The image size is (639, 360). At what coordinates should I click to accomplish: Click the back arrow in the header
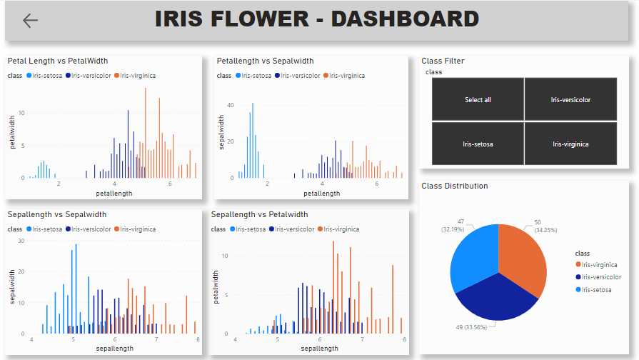pyautogui.click(x=30, y=21)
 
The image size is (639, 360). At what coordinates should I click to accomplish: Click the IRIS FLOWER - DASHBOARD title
pyautogui.click(x=316, y=19)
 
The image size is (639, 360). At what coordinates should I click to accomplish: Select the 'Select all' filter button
pyautogui.click(x=478, y=100)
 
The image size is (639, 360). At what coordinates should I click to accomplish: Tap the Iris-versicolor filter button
pyautogui.click(x=570, y=100)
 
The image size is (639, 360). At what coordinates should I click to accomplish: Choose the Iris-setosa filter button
pyautogui.click(x=478, y=144)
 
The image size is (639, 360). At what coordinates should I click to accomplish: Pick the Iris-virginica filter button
pyautogui.click(x=570, y=144)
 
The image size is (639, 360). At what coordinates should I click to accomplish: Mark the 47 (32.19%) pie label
pyautogui.click(x=453, y=225)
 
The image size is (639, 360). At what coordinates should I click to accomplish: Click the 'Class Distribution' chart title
pyautogui.click(x=455, y=186)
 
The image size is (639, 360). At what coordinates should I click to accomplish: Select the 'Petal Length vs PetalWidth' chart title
pyautogui.click(x=58, y=61)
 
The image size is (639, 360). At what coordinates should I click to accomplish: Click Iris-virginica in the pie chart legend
pyautogui.click(x=600, y=264)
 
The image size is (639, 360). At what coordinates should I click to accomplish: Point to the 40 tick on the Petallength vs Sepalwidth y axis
pyautogui.click(x=231, y=105)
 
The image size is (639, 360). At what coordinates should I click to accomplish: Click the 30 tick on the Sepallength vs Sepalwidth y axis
pyautogui.click(x=21, y=241)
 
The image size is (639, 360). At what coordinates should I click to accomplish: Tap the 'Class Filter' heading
pyautogui.click(x=443, y=61)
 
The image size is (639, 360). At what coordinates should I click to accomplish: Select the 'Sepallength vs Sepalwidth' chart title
pyautogui.click(x=57, y=214)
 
